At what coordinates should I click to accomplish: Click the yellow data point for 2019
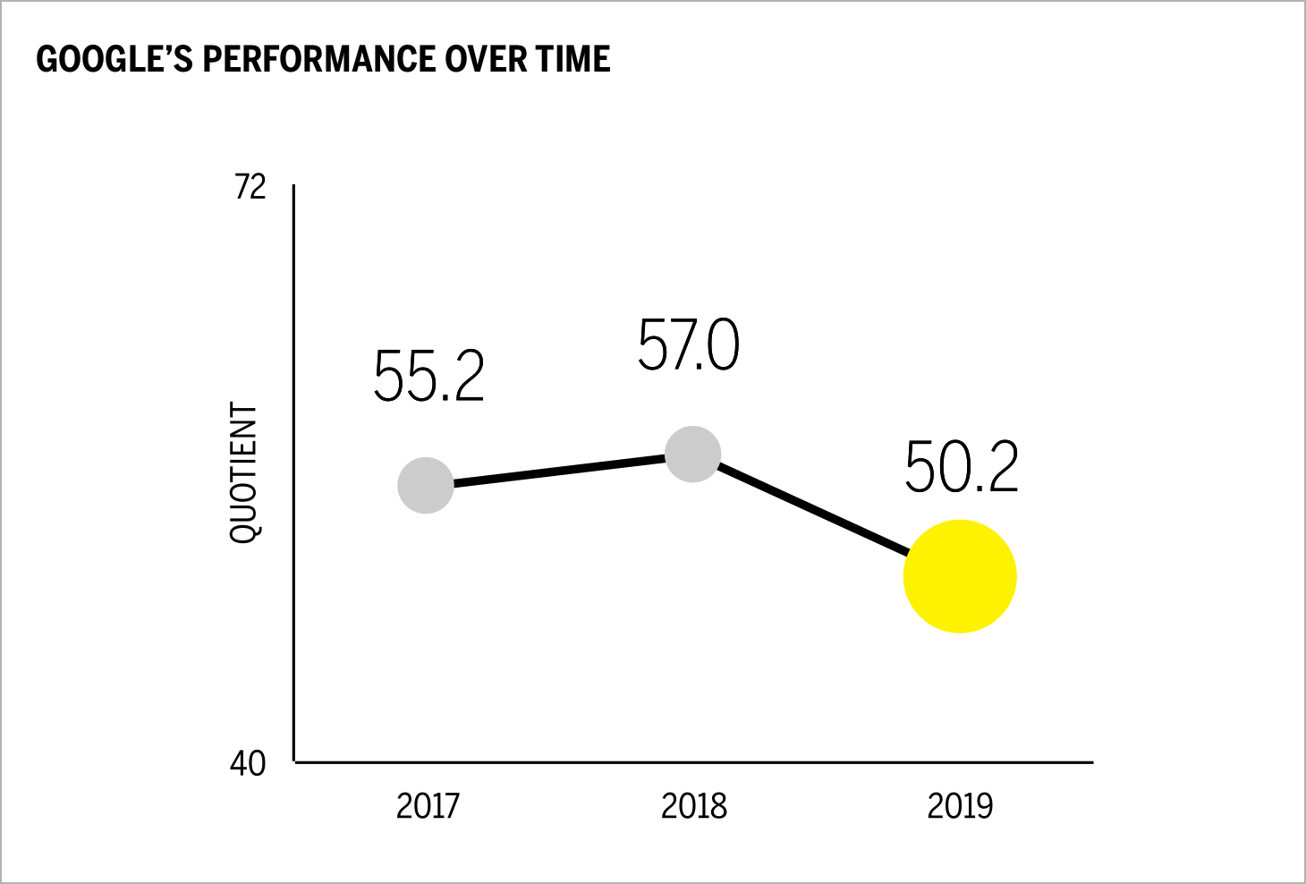click(x=960, y=576)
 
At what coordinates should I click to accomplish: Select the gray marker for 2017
click(x=426, y=485)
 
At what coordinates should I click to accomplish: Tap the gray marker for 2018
click(x=693, y=455)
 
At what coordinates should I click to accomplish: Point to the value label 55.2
click(x=428, y=377)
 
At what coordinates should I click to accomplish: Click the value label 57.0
click(x=689, y=345)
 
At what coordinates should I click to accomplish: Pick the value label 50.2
click(x=962, y=468)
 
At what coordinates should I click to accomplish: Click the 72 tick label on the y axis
click(x=250, y=187)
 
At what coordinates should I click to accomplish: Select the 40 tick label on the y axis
click(x=249, y=763)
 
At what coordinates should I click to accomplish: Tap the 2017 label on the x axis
click(x=428, y=806)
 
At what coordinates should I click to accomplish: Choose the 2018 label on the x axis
click(x=694, y=806)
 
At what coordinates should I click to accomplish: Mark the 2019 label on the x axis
click(x=960, y=806)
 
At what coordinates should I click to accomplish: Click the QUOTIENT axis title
click(x=243, y=472)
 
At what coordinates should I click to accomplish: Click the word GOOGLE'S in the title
click(x=114, y=60)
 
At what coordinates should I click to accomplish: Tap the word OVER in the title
click(x=487, y=60)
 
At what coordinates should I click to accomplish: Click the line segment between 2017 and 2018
click(x=559, y=470)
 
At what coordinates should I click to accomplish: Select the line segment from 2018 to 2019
click(x=810, y=506)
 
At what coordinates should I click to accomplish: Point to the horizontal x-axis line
click(x=693, y=762)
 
